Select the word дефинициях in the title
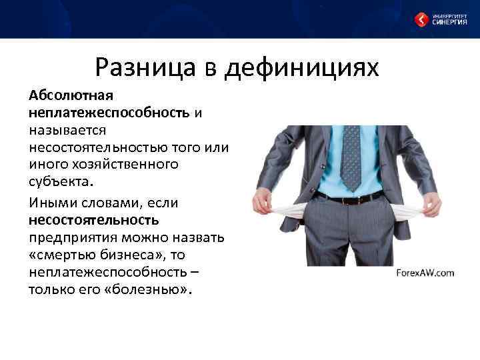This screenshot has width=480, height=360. (x=303, y=68)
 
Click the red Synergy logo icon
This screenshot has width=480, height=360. (x=421, y=20)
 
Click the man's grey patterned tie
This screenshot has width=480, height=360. (x=350, y=157)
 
